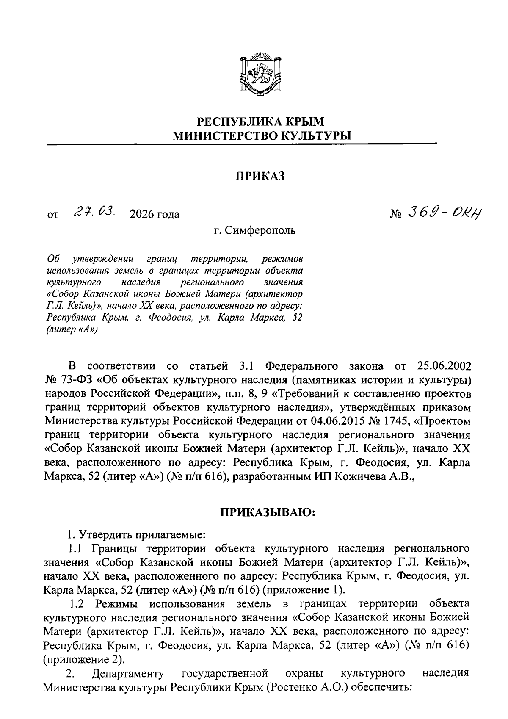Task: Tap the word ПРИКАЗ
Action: coord(260,176)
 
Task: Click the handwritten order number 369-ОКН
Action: coord(445,213)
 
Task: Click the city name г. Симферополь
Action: coord(255,230)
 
